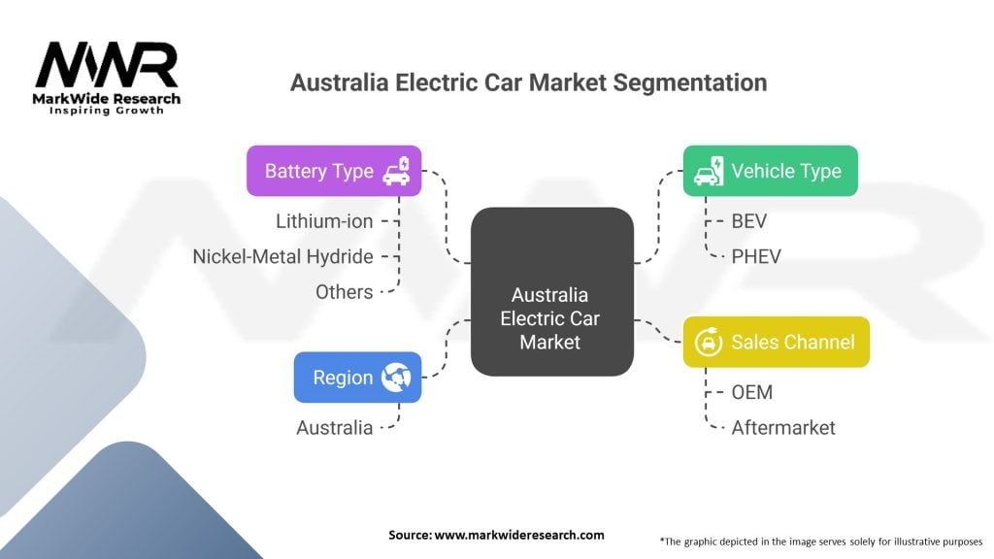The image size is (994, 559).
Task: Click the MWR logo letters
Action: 107,66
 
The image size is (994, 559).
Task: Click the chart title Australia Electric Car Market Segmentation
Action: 528,82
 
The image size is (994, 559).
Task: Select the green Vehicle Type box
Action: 770,171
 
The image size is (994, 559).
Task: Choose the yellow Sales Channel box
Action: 776,342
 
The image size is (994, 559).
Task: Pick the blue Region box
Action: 357,378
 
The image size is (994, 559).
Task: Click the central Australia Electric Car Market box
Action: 551,291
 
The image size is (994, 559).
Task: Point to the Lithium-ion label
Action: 324,221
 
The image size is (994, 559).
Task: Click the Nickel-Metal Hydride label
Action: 282,256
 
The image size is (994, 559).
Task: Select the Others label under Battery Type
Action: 344,291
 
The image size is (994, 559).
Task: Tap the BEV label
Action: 749,221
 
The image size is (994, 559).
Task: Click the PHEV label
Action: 755,256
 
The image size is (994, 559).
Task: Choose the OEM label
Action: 752,392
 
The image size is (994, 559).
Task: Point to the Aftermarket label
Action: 783,427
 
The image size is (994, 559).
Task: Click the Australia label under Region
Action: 334,427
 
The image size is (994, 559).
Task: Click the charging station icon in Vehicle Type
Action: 707,171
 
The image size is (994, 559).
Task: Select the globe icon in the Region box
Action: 396,378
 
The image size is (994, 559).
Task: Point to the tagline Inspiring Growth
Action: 107,110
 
